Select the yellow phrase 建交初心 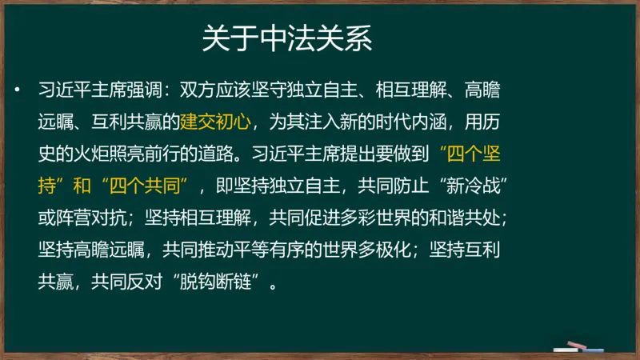(214, 122)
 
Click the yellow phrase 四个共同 (153, 185)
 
